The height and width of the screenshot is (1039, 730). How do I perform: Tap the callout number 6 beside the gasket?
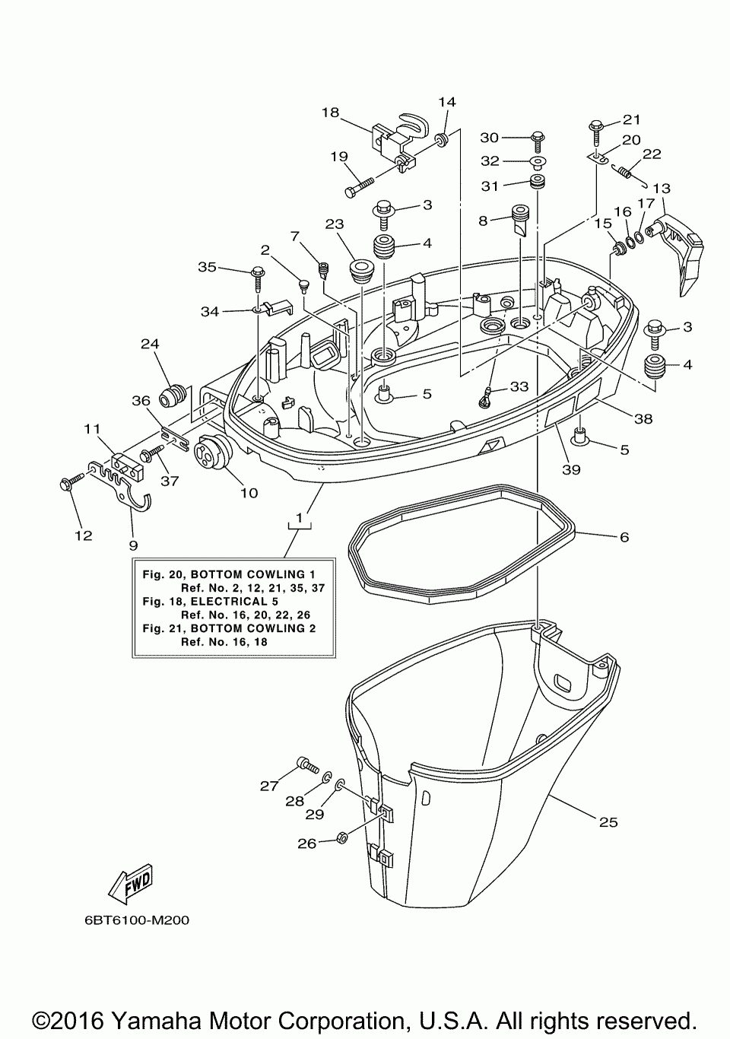pos(624,537)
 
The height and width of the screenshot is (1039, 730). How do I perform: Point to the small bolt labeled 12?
pos(71,481)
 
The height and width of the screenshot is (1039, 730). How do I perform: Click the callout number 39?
pos(571,470)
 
